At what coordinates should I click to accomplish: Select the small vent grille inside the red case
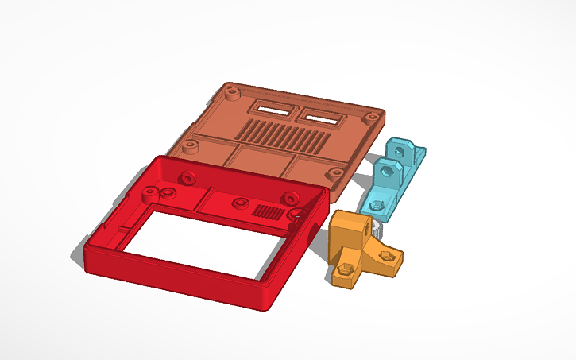(x=268, y=212)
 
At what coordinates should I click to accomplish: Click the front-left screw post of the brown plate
(x=190, y=146)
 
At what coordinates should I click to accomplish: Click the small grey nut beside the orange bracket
(x=379, y=230)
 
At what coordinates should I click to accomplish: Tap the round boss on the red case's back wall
(x=188, y=176)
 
